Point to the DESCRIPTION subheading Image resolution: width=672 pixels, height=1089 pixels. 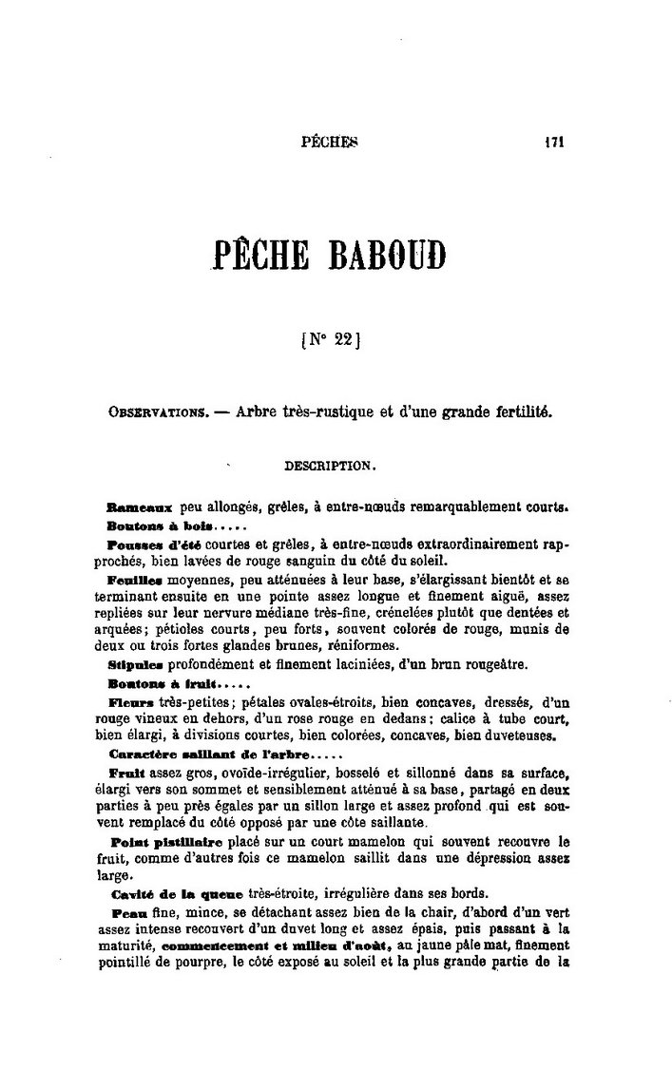tap(330, 467)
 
